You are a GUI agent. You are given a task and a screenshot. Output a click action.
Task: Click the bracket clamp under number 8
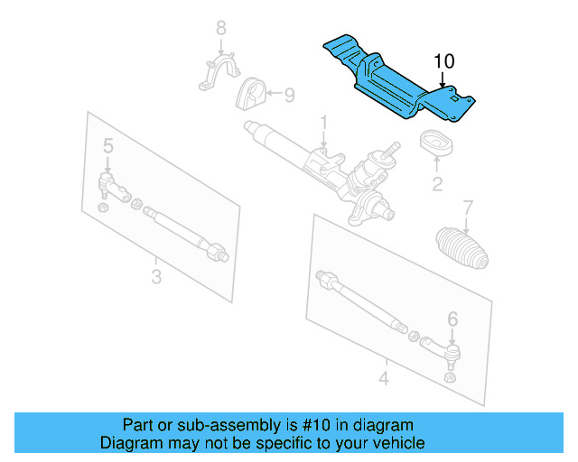(220, 74)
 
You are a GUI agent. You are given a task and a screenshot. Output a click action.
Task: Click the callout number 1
(323, 122)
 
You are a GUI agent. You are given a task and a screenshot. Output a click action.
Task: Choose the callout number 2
(437, 185)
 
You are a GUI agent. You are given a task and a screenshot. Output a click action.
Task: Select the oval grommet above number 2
(437, 143)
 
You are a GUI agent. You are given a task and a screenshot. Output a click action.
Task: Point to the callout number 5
(107, 144)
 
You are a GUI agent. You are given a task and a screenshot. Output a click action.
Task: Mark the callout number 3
(156, 276)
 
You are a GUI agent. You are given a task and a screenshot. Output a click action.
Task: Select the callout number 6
(452, 318)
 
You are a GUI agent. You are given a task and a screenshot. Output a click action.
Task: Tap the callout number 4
(383, 378)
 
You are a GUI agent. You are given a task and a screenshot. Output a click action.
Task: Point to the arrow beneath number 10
(443, 79)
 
